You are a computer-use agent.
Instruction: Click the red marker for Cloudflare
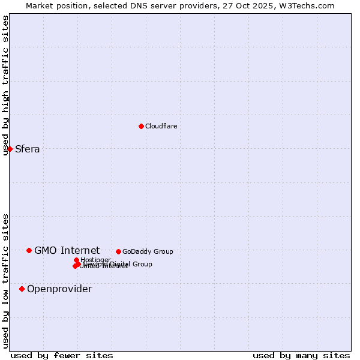[141, 126]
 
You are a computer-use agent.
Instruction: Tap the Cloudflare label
[161, 126]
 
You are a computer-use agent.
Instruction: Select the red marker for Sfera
[10, 149]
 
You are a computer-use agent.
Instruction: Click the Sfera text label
[28, 149]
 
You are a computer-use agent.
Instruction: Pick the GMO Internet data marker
[29, 250]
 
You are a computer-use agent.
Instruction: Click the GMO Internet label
[67, 250]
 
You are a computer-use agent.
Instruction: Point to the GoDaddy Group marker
[118, 251]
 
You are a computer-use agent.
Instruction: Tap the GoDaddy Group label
[148, 251]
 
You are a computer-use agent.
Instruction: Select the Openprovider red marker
[22, 289]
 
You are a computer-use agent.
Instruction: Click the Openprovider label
[59, 289]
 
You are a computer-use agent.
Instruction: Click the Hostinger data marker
[76, 260]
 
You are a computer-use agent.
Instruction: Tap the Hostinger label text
[96, 260]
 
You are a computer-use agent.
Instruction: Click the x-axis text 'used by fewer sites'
[62, 355]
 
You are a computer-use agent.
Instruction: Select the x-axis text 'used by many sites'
[301, 355]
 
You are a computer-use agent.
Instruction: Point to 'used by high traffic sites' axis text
[6, 85]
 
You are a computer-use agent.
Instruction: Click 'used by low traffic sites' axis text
[6, 281]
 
